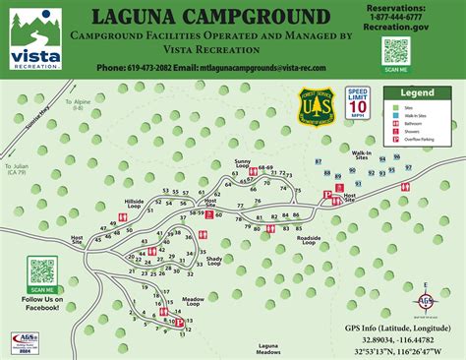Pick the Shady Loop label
(x=213, y=259)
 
